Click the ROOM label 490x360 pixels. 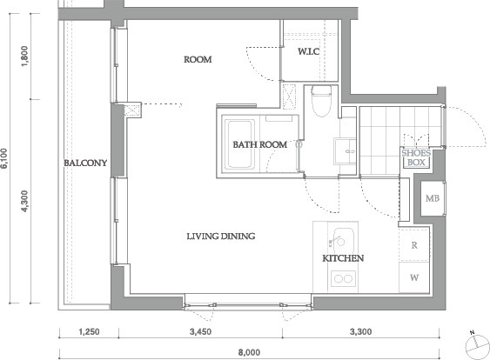point(198,59)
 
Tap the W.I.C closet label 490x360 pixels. point(308,51)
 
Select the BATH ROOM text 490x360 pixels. point(260,144)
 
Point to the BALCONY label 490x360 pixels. point(85,163)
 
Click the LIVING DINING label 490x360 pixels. point(221,236)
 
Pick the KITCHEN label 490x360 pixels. point(343,258)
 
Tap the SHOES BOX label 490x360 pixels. point(416,157)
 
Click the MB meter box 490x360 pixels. point(433,198)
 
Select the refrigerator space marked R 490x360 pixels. point(414,245)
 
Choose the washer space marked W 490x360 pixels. point(414,277)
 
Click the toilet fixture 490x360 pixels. point(321,101)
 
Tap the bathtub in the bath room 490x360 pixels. point(239,144)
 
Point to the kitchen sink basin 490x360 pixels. point(343,241)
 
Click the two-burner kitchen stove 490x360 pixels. point(343,278)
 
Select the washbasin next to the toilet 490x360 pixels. point(345,151)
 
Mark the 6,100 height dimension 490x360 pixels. point(5,158)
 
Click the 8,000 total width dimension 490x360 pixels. point(249,352)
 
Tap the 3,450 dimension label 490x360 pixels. point(200,331)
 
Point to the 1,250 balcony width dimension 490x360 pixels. point(89,331)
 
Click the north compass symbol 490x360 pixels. point(477,346)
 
